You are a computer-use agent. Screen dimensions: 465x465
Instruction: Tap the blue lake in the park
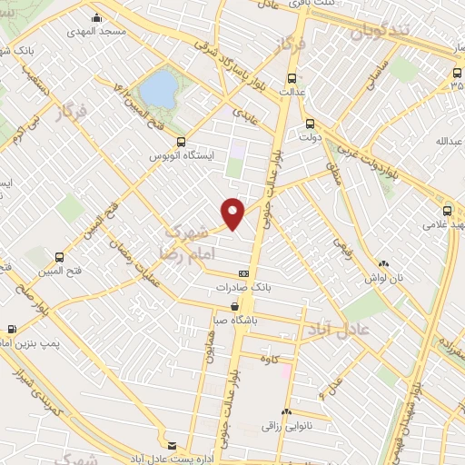pos(159,89)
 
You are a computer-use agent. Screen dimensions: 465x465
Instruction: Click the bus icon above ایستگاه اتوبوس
pos(181,142)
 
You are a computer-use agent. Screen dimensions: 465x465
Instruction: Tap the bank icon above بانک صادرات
pos(243,273)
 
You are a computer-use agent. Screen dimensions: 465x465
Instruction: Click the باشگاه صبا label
pos(235,320)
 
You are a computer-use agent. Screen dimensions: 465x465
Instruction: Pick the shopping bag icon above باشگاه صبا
pos(235,306)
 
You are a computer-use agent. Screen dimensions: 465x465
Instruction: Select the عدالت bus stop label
pos(291,92)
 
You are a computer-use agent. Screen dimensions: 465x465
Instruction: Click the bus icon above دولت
pos(310,124)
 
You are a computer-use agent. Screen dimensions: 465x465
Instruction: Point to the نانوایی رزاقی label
pos(286,424)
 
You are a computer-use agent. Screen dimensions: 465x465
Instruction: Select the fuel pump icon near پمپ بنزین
pos(12,329)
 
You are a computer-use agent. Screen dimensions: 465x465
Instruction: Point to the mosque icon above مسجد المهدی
pos(96,16)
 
